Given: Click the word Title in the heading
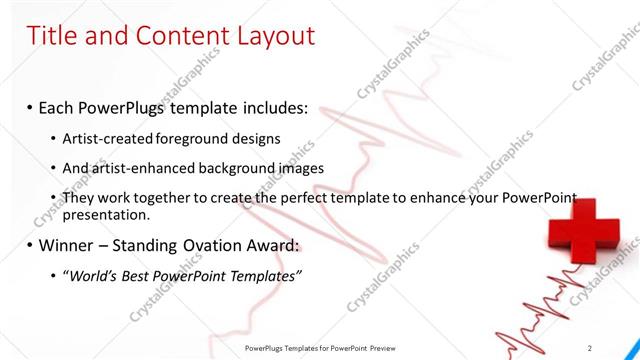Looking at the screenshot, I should tap(50, 36).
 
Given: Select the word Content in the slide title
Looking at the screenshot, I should tap(176, 36).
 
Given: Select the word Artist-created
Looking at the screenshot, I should tap(107, 138).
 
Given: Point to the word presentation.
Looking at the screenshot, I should tap(105, 214).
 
